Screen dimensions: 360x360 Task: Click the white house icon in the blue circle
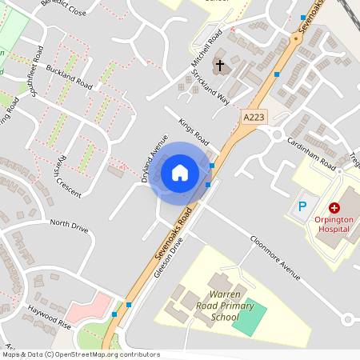click(x=180, y=172)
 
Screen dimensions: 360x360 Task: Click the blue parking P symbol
click(x=302, y=206)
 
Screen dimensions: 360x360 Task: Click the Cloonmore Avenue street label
click(x=274, y=257)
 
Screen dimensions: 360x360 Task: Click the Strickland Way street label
click(x=210, y=87)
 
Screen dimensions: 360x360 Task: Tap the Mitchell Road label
click(x=205, y=50)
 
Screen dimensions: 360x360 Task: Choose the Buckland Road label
click(x=70, y=77)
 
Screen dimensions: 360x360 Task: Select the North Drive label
click(x=68, y=226)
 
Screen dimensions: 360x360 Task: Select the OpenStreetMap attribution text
click(x=80, y=354)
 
